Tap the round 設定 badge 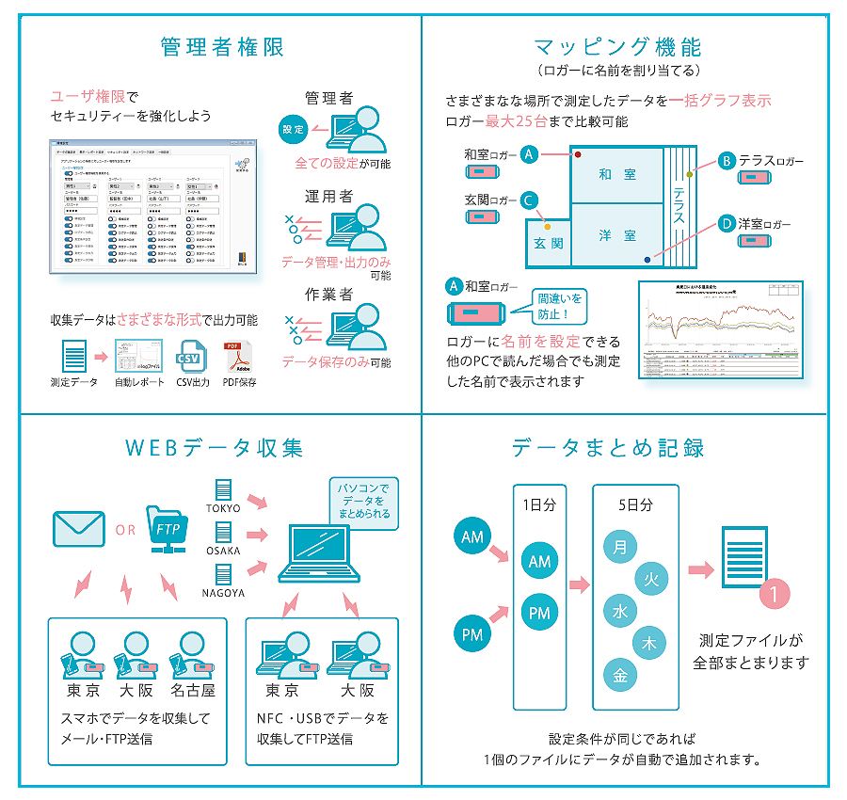[x=294, y=130]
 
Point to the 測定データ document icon [x=74, y=357]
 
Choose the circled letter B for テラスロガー [x=726, y=161]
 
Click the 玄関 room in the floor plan [x=548, y=242]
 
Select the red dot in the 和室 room [x=578, y=154]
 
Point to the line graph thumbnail [x=721, y=328]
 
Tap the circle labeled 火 [x=650, y=580]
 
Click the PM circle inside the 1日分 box [x=539, y=614]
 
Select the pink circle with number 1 [x=774, y=594]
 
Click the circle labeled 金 [x=620, y=675]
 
